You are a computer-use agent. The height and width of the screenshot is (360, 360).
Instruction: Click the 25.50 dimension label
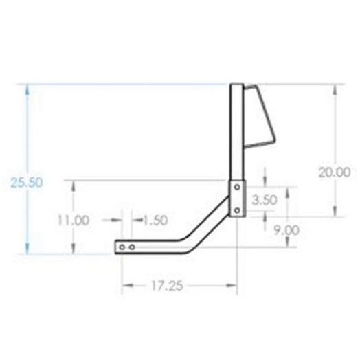(27, 183)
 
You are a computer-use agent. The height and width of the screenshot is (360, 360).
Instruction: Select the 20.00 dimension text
(335, 172)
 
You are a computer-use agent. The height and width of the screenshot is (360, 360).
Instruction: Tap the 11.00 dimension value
(74, 221)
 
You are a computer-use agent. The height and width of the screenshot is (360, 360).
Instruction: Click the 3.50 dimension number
(265, 200)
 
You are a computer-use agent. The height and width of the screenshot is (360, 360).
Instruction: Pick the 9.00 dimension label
(286, 230)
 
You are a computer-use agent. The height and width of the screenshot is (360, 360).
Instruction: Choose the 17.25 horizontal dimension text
(167, 286)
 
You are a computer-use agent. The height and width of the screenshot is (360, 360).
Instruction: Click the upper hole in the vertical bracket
(237, 187)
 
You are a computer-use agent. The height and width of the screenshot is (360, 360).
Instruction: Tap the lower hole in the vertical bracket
(237, 210)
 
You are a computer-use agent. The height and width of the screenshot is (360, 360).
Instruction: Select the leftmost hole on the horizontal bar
(122, 247)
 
